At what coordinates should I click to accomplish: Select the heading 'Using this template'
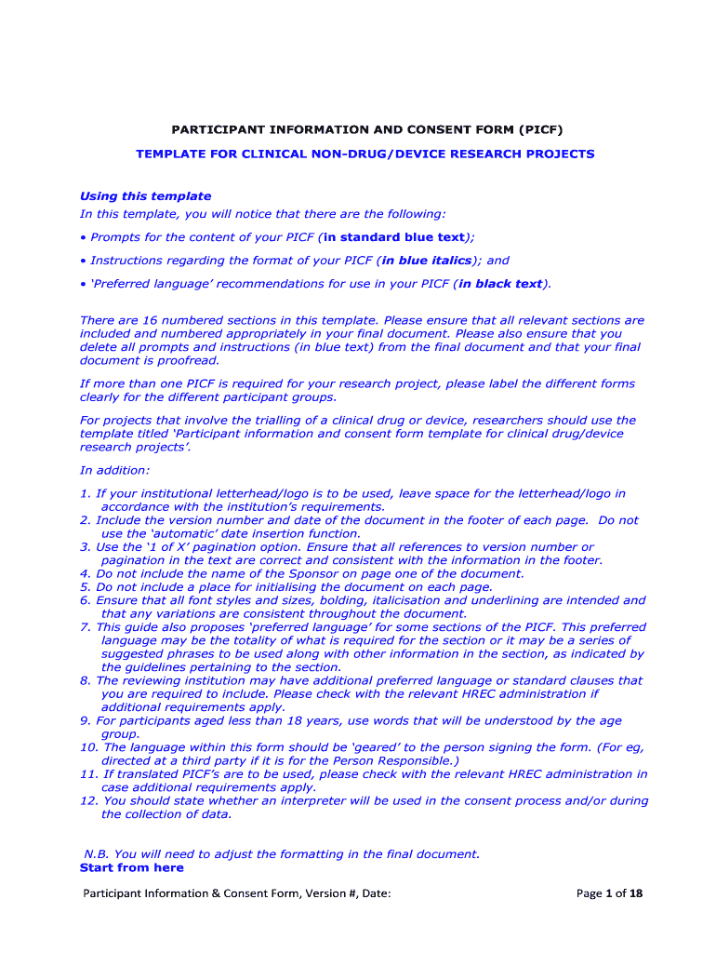point(145,196)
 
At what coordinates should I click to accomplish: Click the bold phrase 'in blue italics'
point(427,261)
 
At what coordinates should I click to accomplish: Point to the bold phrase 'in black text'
point(499,284)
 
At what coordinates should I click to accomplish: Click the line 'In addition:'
point(114,470)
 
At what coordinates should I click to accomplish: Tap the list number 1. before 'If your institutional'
point(86,493)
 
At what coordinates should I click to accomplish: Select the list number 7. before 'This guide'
point(86,627)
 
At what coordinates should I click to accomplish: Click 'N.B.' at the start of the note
point(97,853)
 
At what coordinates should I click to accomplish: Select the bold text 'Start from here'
point(131,867)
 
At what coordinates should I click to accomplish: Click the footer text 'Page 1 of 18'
point(609,894)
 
